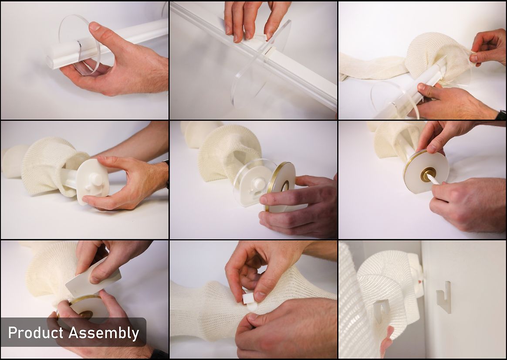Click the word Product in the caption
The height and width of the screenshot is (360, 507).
pos(36,333)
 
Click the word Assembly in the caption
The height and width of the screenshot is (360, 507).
pos(104,333)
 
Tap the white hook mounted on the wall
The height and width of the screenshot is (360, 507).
pos(443,297)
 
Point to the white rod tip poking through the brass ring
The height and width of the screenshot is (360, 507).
pos(433,179)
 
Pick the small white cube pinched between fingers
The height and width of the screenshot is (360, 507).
pos(248,298)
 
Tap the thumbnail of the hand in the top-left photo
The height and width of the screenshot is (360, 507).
pos(95,27)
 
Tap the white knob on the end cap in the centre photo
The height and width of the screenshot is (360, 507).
pos(259,184)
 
